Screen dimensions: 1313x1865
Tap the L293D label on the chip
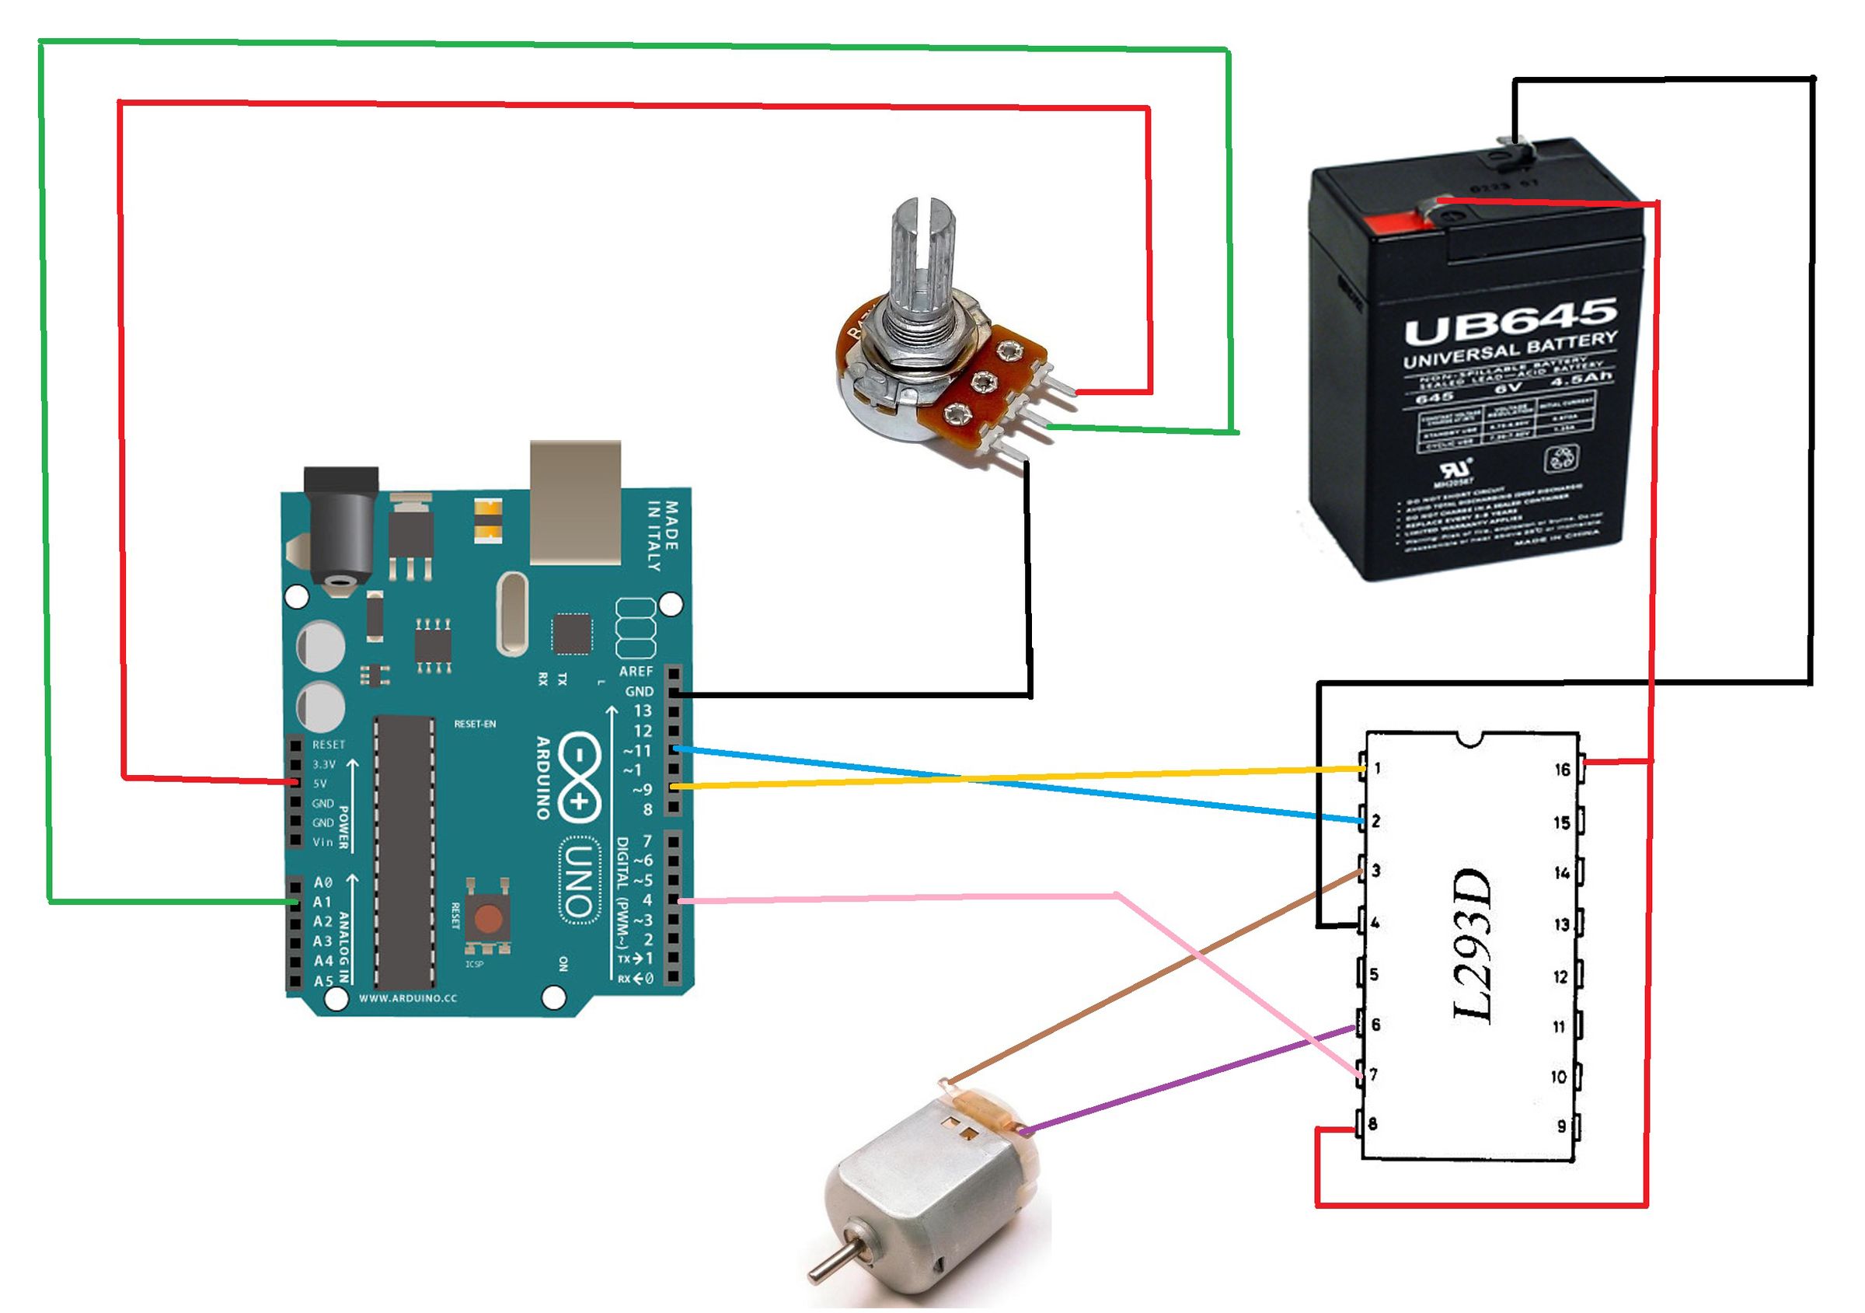tap(1473, 948)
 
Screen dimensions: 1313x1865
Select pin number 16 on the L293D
tap(1562, 769)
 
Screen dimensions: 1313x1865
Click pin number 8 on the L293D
tap(1372, 1125)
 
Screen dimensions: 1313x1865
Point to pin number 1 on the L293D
tap(1378, 768)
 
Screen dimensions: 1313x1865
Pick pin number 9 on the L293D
tap(1561, 1126)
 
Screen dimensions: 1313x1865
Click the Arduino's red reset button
tap(487, 919)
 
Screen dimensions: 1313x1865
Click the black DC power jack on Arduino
tap(342, 528)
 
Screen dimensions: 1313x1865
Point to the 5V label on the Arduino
tap(319, 784)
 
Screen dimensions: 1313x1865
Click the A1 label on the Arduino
tap(322, 902)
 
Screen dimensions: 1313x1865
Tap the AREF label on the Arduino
tap(635, 671)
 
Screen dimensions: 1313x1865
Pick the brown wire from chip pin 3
tap(1153, 975)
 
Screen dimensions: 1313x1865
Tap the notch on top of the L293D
tap(1471, 738)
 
